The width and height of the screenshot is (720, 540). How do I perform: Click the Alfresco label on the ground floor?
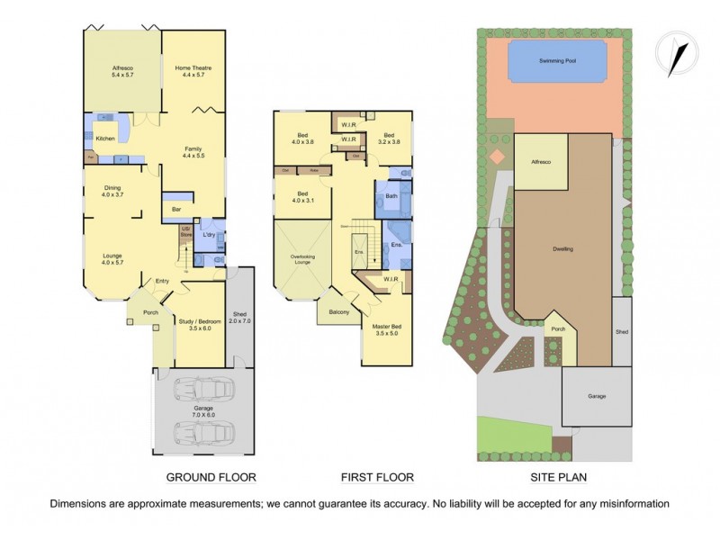[x=122, y=68]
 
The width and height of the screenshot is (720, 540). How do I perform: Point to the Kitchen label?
[x=106, y=139]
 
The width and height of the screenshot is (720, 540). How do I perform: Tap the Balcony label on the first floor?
[x=338, y=311]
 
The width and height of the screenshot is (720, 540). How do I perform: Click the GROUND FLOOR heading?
[x=211, y=477]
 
